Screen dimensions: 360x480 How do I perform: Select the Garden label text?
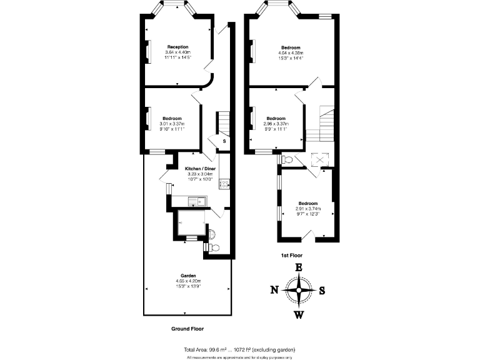pos(189,276)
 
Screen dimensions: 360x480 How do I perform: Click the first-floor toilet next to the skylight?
pos(287,160)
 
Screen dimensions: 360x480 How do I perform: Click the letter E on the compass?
pos(299,267)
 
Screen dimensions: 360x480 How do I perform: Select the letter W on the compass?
pos(299,314)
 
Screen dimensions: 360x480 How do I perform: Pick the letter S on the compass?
pos(322,290)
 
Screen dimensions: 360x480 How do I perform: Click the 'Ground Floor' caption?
pos(187,328)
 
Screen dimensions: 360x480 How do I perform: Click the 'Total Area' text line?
pos(239,349)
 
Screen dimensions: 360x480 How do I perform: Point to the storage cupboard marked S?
pos(224,142)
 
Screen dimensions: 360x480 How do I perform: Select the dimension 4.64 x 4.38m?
pos(291,52)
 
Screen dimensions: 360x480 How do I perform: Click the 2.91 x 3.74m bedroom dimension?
pos(307,209)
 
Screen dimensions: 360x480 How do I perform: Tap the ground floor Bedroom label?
pos(172,119)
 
